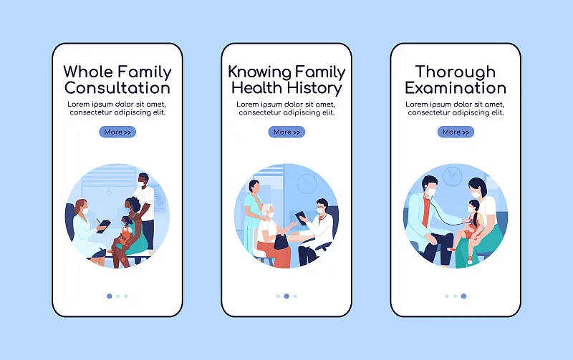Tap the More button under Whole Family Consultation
click(117, 132)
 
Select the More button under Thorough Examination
click(456, 132)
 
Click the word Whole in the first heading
click(88, 72)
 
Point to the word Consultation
click(117, 88)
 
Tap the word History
click(314, 89)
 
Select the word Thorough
click(456, 72)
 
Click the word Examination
click(456, 88)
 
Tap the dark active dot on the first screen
click(110, 296)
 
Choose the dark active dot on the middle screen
click(286, 296)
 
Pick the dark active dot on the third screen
click(463, 296)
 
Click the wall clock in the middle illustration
click(307, 183)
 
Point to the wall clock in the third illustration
click(453, 176)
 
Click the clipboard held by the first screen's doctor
click(103, 226)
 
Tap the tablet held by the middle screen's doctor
click(302, 218)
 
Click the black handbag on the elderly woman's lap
click(281, 242)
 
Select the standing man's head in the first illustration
click(143, 180)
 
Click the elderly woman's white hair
click(267, 209)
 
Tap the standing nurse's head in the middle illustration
click(254, 186)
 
